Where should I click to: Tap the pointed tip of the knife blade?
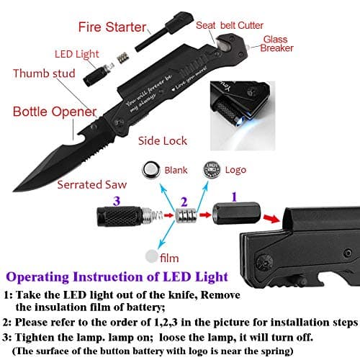[x=8, y=184]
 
